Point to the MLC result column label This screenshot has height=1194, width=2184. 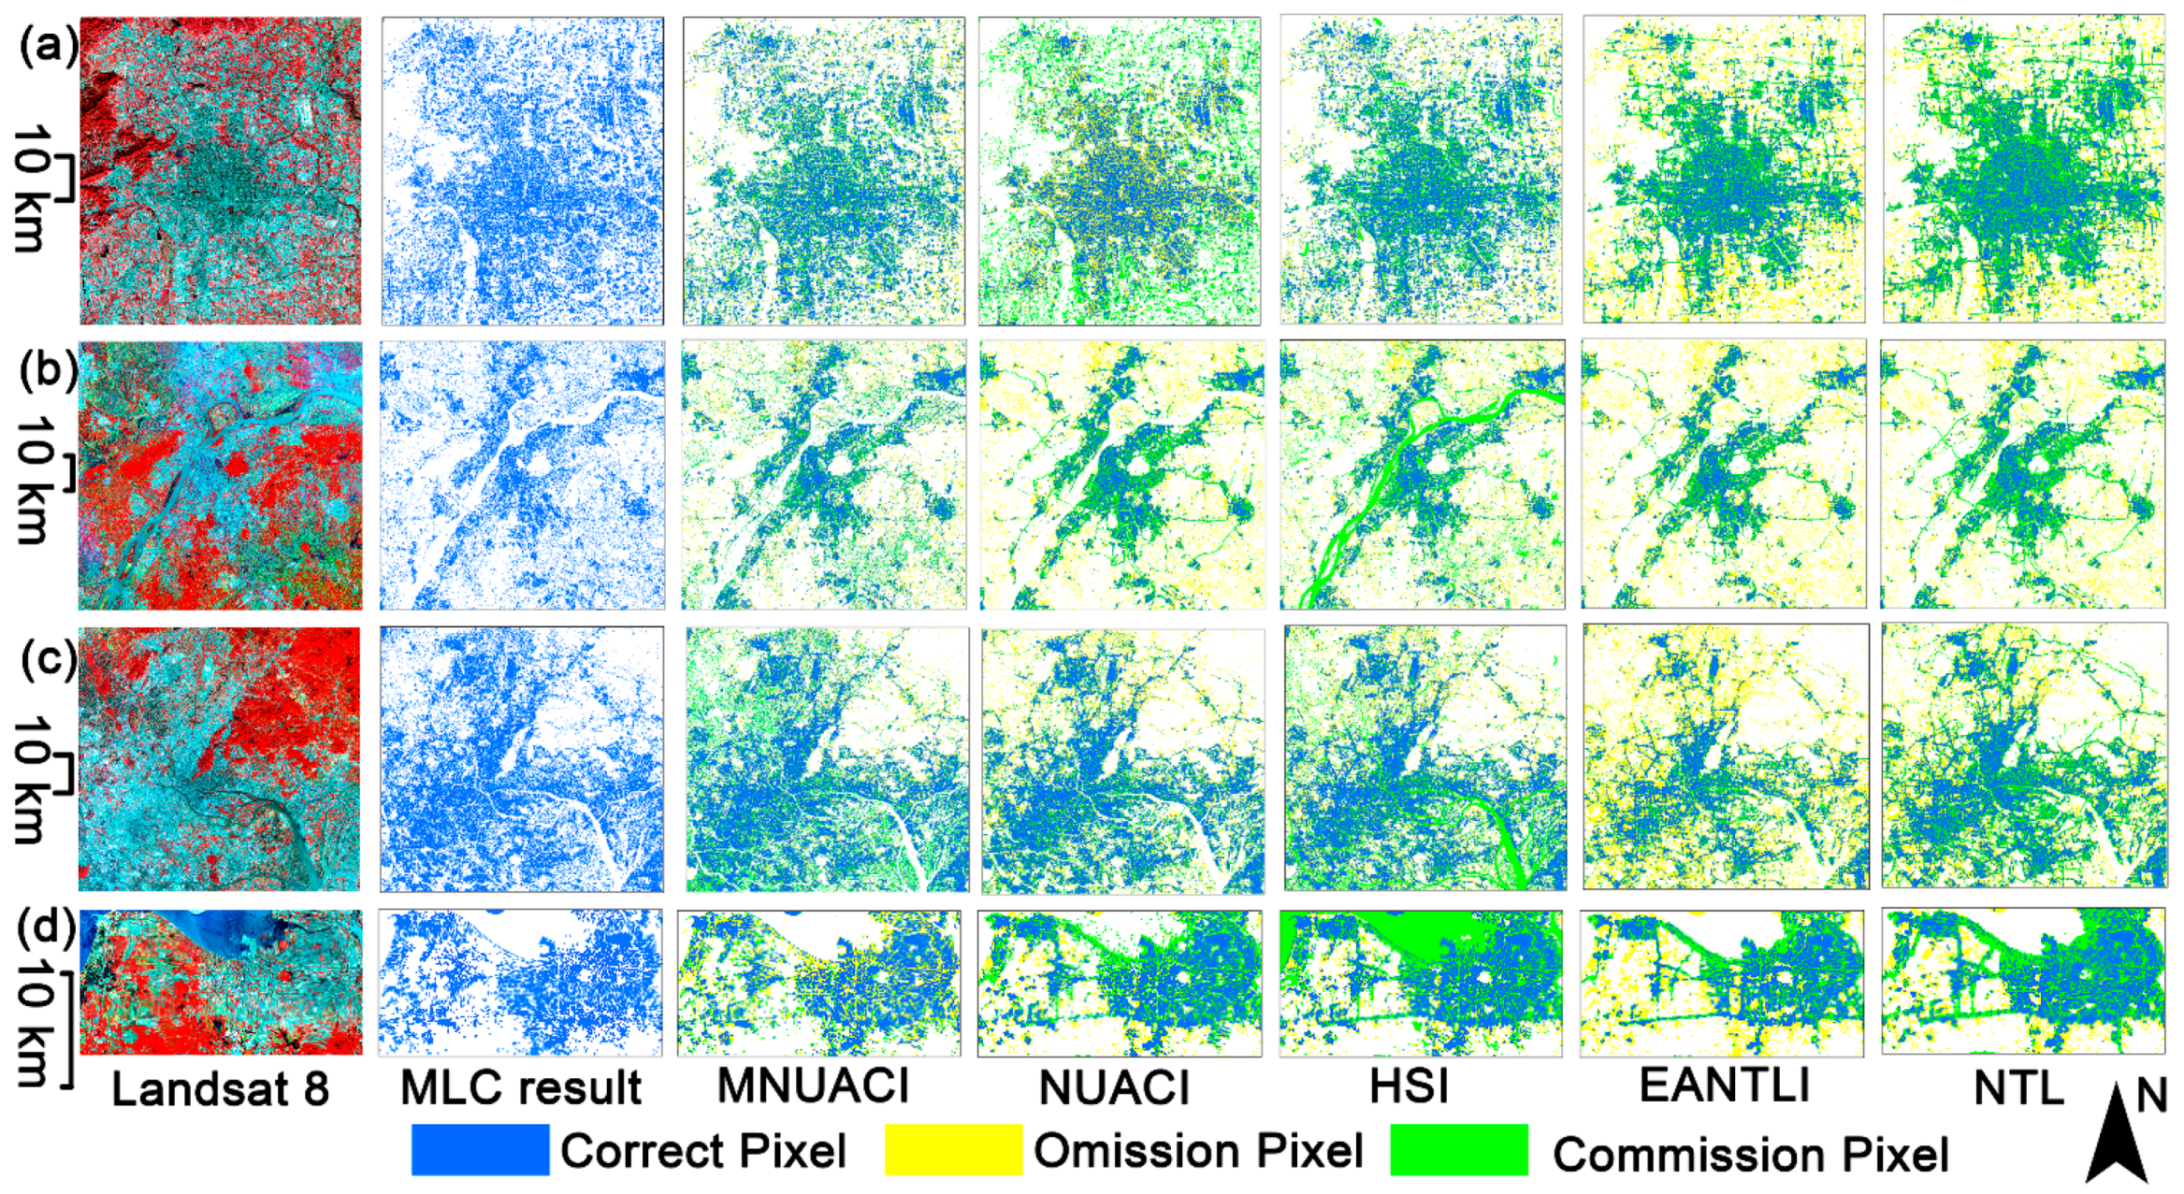pos(521,1087)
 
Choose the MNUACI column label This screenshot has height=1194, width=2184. pos(813,1086)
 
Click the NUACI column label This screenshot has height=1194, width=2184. pos(1114,1087)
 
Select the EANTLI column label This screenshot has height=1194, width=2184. pos(1725,1085)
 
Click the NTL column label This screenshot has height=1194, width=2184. pos(2018,1087)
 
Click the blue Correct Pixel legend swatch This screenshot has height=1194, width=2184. pos(480,1150)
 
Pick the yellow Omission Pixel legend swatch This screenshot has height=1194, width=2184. pos(953,1150)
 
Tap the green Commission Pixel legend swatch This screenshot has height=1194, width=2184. pos(1459,1150)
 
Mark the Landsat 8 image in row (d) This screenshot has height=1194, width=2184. pos(221,983)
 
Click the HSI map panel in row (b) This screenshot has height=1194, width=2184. pos(1422,474)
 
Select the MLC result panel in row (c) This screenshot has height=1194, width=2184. pos(522,759)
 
